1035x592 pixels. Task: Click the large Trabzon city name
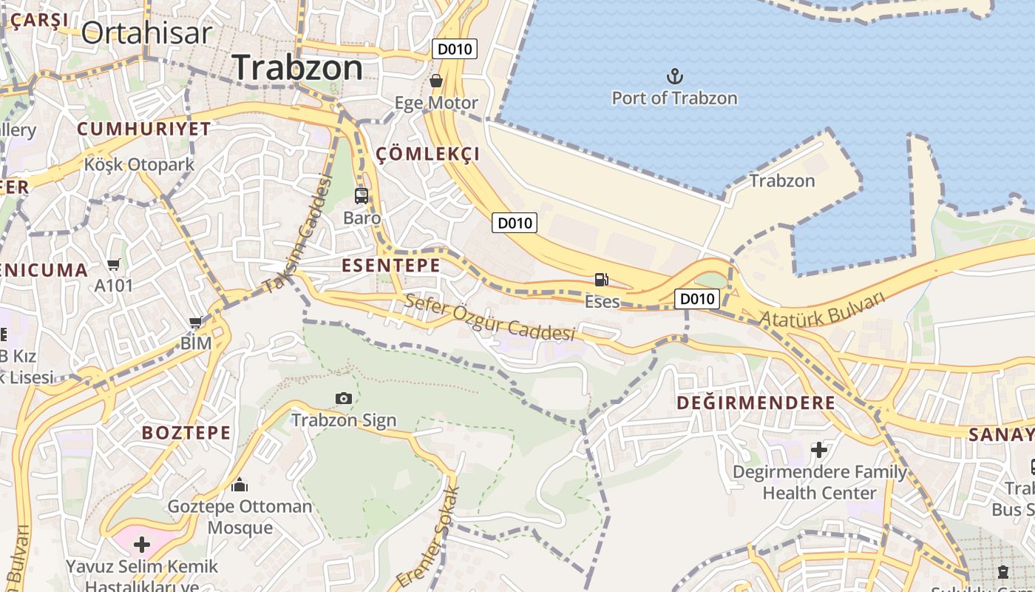[297, 68]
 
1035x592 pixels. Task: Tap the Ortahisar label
[146, 33]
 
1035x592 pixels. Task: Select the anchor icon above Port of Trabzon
[674, 76]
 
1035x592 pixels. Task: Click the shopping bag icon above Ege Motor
[436, 80]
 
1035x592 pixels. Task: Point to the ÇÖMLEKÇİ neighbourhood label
[428, 154]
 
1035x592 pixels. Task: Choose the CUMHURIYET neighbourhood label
[144, 129]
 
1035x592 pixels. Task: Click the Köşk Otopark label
[139, 164]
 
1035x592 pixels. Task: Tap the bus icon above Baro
[362, 196]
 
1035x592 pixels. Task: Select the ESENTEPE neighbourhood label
[390, 266]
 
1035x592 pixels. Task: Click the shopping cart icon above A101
[113, 264]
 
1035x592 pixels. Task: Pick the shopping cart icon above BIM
[196, 322]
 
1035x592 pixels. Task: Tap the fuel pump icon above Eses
[601, 280]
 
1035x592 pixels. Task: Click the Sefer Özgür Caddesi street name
[489, 317]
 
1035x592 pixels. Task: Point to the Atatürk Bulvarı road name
[822, 309]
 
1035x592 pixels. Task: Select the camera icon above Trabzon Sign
[343, 399]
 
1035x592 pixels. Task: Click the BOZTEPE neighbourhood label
[186, 433]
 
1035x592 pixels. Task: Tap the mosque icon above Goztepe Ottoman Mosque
[240, 485]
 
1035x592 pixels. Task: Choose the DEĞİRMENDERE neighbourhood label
[756, 403]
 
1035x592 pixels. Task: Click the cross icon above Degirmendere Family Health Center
[819, 449]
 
